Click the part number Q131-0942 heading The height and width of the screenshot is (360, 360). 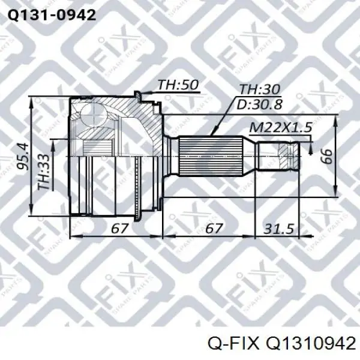tap(52, 16)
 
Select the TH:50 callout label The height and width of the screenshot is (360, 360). tap(178, 85)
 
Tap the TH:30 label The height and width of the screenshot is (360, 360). tap(259, 89)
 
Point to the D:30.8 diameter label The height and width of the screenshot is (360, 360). tap(259, 104)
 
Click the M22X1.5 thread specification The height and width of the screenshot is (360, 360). tap(281, 128)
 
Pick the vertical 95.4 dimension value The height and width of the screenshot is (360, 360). tap(23, 157)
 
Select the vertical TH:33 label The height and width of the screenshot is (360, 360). tap(44, 172)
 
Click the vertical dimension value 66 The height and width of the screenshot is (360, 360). tap(327, 156)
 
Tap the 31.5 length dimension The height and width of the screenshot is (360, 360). tap(279, 229)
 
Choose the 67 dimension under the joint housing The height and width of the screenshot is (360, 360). tap(119, 229)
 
